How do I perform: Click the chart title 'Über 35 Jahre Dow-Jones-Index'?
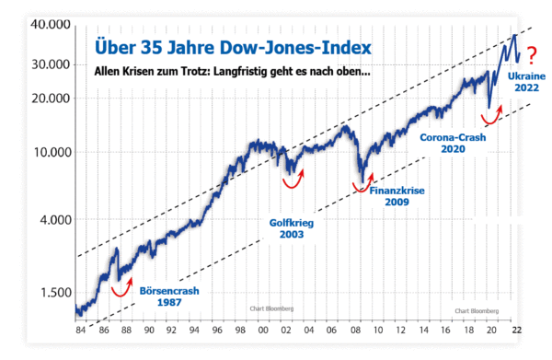pos(233,48)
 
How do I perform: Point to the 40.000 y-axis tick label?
pos(51,24)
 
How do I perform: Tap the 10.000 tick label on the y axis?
pos(52,153)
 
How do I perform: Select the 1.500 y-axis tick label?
pos(56,293)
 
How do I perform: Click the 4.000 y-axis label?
pos(55,220)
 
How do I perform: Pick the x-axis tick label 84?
pos(81,330)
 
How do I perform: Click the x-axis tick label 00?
pos(263,330)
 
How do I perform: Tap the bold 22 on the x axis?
pos(516,330)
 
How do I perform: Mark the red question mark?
pos(532,55)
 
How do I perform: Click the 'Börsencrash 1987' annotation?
pos(169,296)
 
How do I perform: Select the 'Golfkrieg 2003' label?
pos(292,228)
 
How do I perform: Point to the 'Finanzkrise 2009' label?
pos(397,196)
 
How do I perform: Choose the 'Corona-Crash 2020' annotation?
pos(453,143)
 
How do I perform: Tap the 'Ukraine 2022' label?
pos(526,82)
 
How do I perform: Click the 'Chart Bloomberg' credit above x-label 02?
pos(271,308)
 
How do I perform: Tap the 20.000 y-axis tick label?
pos(52,99)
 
